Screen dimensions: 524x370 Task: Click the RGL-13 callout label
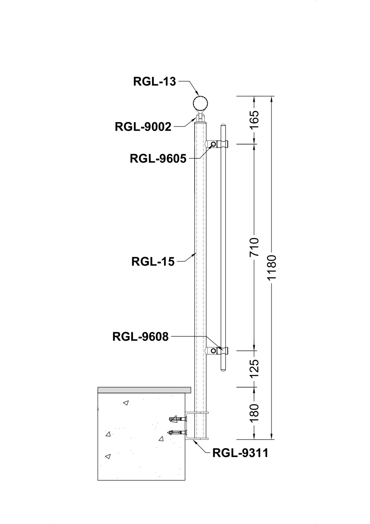154,82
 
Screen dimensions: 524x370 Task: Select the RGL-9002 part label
143,127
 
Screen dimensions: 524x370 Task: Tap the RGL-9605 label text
158,159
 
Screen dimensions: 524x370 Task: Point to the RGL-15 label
153,262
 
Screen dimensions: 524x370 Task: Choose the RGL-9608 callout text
140,337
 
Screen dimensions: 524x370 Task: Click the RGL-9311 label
240,453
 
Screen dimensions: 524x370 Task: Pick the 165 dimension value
255,120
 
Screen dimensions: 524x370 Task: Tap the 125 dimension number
255,369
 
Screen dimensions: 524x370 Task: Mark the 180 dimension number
255,412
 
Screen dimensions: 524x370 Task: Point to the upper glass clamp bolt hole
213,145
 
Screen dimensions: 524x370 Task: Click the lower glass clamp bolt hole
213,351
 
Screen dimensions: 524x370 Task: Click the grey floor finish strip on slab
144,390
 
